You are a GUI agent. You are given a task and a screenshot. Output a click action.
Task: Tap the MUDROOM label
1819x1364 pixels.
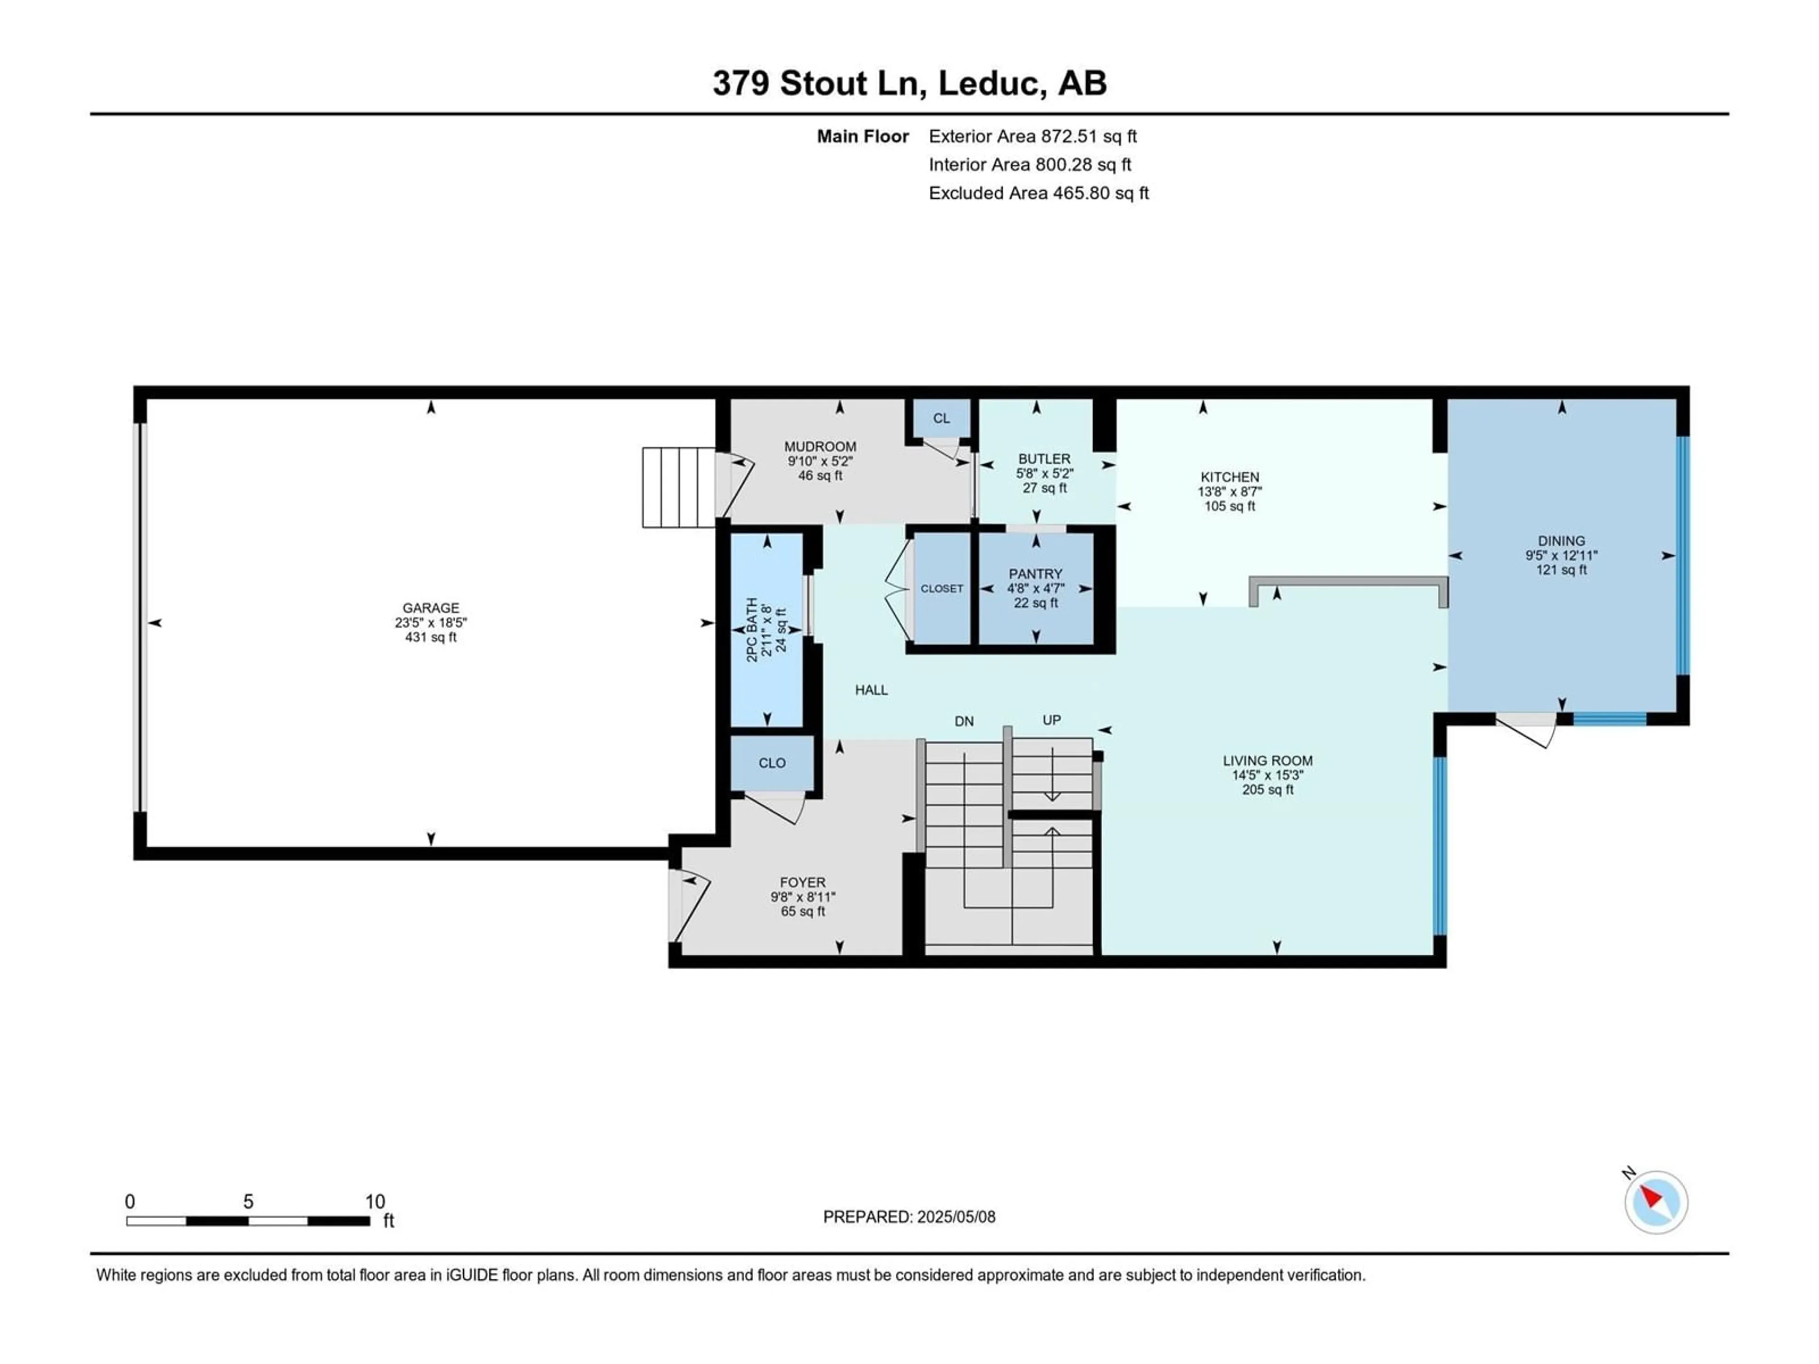(x=820, y=447)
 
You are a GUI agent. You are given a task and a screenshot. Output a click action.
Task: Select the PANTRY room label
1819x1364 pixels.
(x=1036, y=574)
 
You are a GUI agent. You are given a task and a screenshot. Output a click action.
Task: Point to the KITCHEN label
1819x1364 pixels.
(x=1229, y=477)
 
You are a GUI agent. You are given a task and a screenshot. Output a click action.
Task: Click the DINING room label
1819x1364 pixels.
(x=1561, y=541)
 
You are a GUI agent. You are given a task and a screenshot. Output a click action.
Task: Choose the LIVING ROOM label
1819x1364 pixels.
(x=1267, y=761)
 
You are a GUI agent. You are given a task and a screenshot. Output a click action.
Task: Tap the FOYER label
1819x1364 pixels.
(x=802, y=882)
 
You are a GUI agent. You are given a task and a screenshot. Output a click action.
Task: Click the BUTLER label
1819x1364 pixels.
(x=1045, y=459)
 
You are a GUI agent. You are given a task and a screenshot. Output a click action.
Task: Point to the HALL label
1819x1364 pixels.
(x=871, y=690)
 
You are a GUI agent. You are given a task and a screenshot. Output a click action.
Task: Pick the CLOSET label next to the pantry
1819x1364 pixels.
(x=942, y=589)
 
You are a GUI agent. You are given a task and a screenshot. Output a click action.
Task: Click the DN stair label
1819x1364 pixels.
(x=964, y=721)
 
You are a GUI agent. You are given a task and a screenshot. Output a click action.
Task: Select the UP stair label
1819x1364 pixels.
(x=1052, y=720)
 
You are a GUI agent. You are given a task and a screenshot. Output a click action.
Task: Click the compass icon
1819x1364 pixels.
(x=1656, y=1202)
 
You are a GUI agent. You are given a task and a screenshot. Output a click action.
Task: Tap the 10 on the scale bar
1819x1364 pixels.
(x=375, y=1202)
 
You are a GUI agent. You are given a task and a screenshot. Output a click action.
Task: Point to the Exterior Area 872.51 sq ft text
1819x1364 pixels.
(x=1033, y=136)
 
